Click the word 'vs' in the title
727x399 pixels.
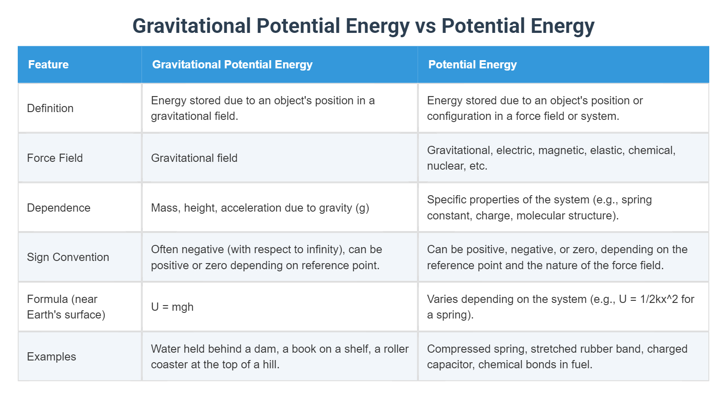(425, 26)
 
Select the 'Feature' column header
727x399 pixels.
(48, 64)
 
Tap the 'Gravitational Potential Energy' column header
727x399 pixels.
(232, 64)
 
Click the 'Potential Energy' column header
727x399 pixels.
(472, 64)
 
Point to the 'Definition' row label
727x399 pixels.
(50, 108)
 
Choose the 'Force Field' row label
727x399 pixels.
(55, 158)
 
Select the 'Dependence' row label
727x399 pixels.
(58, 208)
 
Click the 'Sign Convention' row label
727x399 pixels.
(68, 257)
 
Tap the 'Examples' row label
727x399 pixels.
(51, 357)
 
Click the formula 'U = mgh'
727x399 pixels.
(172, 307)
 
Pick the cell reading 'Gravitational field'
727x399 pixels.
(194, 158)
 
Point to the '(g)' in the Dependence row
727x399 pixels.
(362, 208)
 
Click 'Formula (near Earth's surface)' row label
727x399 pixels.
(66, 307)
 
